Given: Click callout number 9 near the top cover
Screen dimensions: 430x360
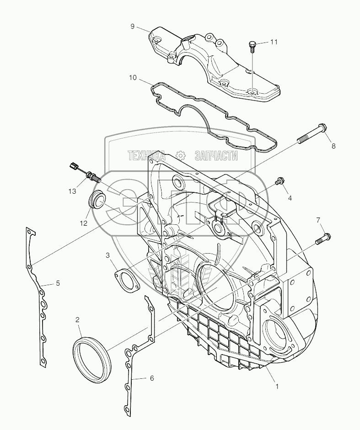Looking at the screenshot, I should [132, 27].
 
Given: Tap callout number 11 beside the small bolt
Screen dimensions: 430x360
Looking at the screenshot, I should [274, 42].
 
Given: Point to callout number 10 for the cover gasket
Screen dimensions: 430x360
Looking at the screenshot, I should [132, 78].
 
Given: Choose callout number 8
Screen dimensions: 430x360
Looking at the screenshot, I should [333, 146].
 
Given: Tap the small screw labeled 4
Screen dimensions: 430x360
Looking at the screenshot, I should [279, 182].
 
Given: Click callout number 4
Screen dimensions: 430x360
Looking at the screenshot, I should [290, 198].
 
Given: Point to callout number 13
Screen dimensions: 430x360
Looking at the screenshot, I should [72, 191].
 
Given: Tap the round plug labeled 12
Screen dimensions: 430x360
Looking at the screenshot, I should [97, 200].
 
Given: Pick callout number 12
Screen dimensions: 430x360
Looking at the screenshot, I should [84, 223].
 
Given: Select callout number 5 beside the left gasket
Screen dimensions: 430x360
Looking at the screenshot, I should [58, 283].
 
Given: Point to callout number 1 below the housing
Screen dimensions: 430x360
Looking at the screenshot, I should [277, 386].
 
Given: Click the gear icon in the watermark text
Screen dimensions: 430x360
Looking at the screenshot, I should [181, 155].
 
